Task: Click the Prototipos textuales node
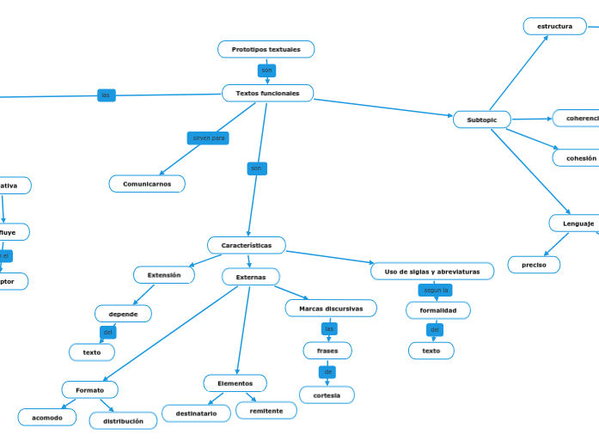coord(266,50)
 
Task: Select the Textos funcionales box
coord(267,93)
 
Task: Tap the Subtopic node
coord(481,119)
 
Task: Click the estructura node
coord(554,27)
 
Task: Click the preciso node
coord(534,265)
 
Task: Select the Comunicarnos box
coord(147,184)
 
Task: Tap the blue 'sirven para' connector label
coord(208,138)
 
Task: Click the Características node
coord(247,246)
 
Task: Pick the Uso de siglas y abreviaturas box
coord(432,272)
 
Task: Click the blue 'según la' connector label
coord(436,291)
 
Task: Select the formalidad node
coord(437,309)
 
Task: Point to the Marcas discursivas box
coord(331,309)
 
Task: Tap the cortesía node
coord(327,395)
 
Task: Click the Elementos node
coord(235,383)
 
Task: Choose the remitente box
coord(266,411)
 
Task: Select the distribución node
coord(123,421)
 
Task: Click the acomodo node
coord(47,418)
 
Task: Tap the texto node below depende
coord(92,352)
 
